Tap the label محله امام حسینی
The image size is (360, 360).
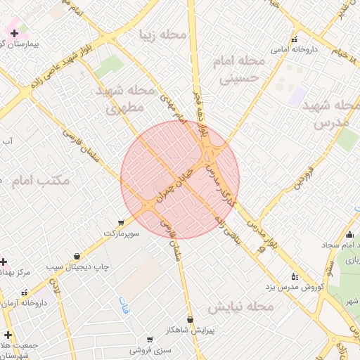(x=243, y=70)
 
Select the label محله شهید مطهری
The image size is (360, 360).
(x=125, y=98)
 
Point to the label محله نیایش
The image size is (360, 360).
(x=239, y=307)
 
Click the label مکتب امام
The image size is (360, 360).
(x=41, y=180)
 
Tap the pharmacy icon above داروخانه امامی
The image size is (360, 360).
(x=294, y=39)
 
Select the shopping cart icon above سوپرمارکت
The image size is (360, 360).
(x=121, y=222)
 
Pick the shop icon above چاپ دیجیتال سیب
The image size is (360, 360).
(x=76, y=257)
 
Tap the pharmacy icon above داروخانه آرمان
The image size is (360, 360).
(x=25, y=292)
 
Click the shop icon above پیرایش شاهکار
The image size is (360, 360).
(x=191, y=320)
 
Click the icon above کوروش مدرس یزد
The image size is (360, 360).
(x=294, y=276)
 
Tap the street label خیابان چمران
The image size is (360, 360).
(x=169, y=187)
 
